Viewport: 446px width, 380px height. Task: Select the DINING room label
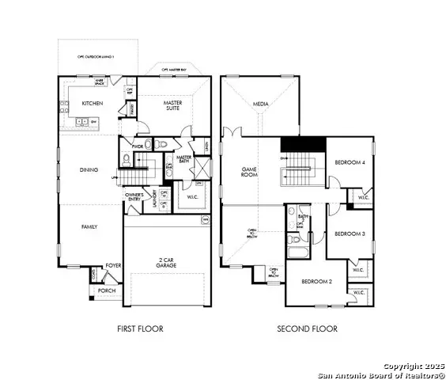[89, 169]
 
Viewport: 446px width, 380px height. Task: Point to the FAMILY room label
[89, 226]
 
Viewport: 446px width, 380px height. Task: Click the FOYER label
[114, 266]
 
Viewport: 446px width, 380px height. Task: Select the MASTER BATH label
[184, 159]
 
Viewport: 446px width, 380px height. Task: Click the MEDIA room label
[260, 104]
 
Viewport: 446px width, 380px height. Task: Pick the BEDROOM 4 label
[349, 162]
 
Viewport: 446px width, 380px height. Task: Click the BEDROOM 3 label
[349, 234]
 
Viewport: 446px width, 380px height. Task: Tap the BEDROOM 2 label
[315, 282]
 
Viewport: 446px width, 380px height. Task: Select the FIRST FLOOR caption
[139, 329]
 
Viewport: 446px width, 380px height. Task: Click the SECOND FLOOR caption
[307, 329]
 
